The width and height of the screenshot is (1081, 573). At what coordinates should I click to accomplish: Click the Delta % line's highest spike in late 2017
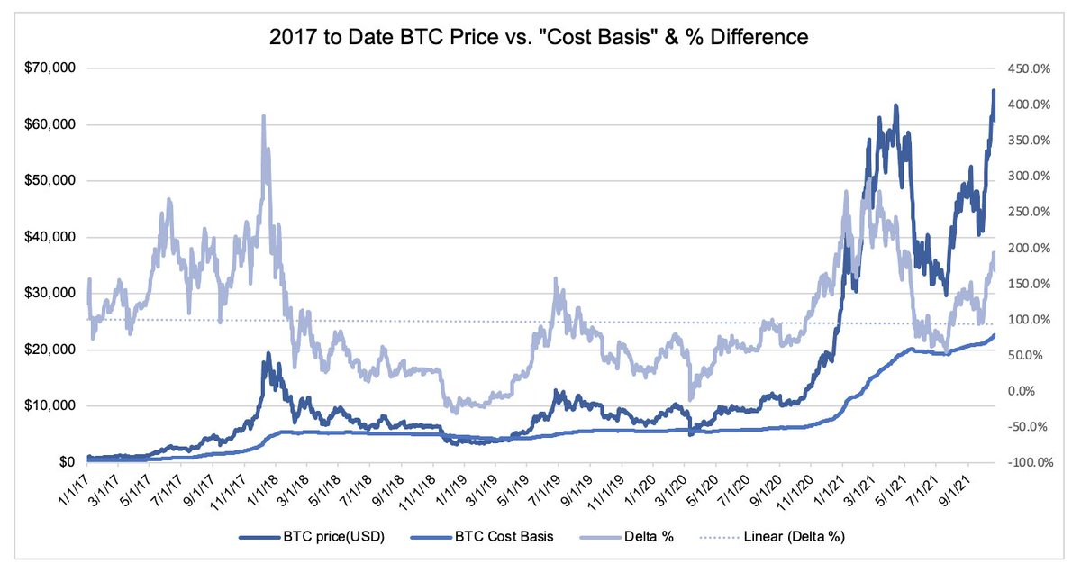(263, 116)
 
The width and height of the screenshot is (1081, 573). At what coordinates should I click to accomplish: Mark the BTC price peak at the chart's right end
(993, 90)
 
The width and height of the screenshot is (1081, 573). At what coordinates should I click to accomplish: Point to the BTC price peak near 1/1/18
(266, 353)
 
